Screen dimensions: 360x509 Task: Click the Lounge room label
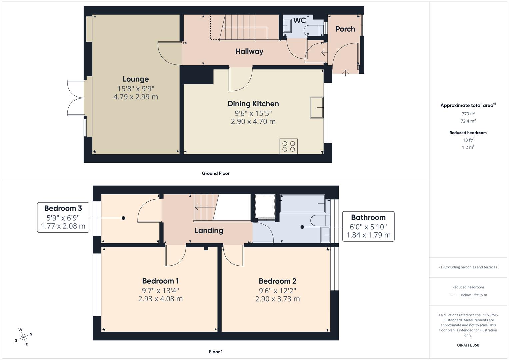point(135,79)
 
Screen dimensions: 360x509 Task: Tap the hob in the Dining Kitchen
point(288,146)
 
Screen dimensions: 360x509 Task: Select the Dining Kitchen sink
point(317,107)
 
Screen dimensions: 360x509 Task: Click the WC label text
point(299,21)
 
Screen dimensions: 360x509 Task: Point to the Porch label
point(345,29)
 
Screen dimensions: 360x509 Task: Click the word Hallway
point(249,51)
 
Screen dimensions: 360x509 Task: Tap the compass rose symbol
point(23,337)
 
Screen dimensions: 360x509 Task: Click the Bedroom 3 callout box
point(63,217)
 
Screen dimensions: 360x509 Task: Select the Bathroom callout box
point(368,226)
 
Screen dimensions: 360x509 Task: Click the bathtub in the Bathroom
point(303,204)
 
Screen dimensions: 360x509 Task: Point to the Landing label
point(209,230)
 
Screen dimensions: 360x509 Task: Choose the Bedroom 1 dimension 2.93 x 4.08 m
point(160,299)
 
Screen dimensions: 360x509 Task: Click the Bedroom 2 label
point(277,281)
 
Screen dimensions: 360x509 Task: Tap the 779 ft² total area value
point(468,114)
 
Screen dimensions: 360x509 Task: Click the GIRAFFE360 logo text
point(468,345)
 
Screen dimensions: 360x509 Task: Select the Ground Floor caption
point(216,173)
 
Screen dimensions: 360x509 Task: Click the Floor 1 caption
point(216,352)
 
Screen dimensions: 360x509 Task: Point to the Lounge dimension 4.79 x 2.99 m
point(135,97)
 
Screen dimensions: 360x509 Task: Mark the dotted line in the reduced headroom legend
point(454,295)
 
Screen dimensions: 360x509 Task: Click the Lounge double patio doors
point(76,98)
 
